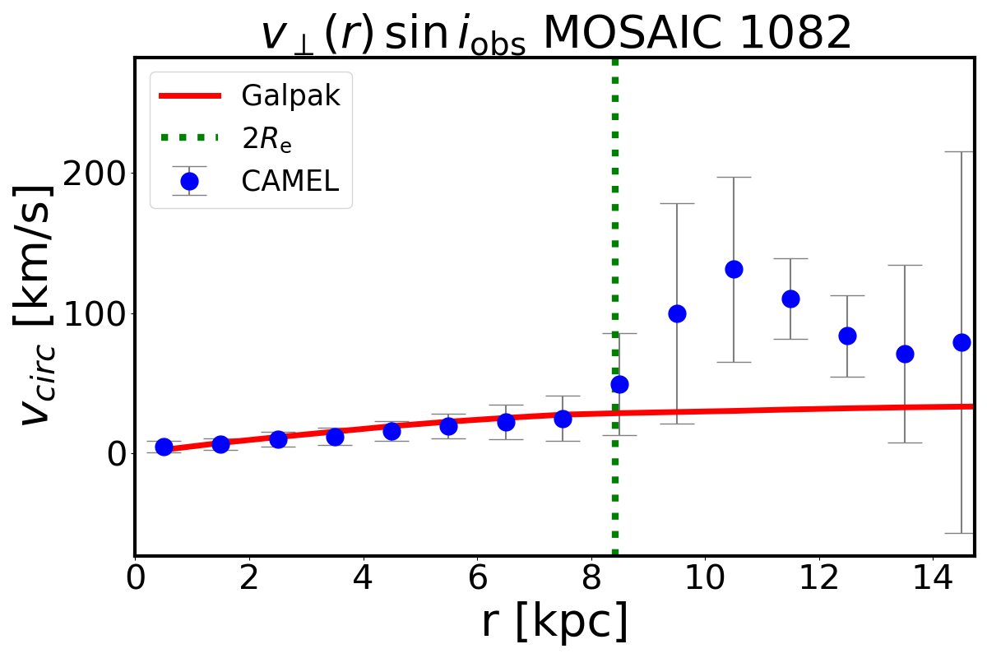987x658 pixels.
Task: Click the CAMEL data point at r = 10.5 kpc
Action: (x=734, y=269)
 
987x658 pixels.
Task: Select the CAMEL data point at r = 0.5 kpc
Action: (x=164, y=447)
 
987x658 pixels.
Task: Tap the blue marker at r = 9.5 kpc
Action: (x=677, y=313)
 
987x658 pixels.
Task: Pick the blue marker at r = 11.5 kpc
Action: (x=790, y=299)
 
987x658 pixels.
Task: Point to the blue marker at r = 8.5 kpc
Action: (x=619, y=384)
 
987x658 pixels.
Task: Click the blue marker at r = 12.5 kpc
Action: (x=847, y=336)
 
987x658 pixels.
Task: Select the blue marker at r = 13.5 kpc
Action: (x=905, y=354)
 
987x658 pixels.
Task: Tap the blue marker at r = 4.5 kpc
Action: (x=392, y=431)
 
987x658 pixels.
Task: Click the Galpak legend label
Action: (x=290, y=96)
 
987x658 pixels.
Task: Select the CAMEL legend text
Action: (x=290, y=182)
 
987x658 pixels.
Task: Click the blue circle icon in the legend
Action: (x=189, y=182)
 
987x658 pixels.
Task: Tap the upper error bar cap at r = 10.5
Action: (x=734, y=177)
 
